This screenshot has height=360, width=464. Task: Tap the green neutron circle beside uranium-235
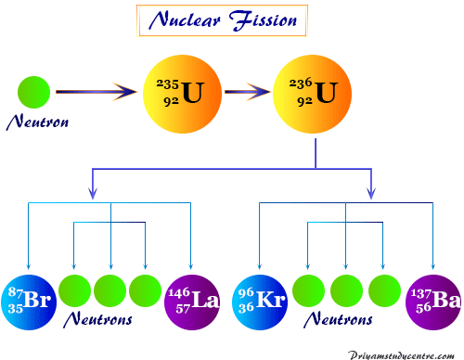click(x=33, y=93)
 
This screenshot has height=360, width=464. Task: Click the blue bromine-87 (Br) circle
click(x=29, y=302)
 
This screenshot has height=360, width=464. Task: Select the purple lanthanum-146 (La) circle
click(x=193, y=302)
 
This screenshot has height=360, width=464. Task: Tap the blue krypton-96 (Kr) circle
click(x=259, y=302)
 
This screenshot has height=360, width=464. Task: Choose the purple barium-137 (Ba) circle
click(x=432, y=302)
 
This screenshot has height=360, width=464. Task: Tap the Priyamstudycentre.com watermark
click(x=405, y=353)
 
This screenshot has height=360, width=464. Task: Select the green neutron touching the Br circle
click(x=74, y=289)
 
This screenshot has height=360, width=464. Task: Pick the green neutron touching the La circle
click(x=147, y=289)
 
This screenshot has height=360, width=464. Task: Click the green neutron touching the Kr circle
click(x=308, y=289)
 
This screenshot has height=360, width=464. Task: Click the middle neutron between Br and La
click(x=110, y=289)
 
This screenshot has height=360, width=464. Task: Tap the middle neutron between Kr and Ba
click(x=345, y=289)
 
